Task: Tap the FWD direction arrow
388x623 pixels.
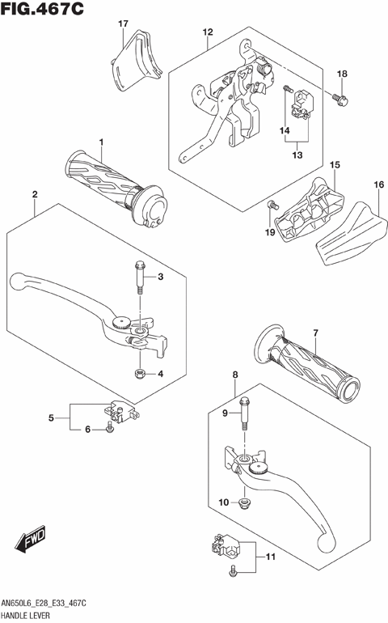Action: [x=31, y=538]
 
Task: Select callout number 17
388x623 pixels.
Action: [x=123, y=24]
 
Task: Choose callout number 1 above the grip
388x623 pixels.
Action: [x=102, y=142]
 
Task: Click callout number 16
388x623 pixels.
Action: [x=378, y=185]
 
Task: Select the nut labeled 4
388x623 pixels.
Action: [x=140, y=374]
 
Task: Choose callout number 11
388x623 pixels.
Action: [x=270, y=556]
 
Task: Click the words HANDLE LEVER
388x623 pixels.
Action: [x=30, y=617]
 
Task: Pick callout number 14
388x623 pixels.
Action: [x=285, y=130]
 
